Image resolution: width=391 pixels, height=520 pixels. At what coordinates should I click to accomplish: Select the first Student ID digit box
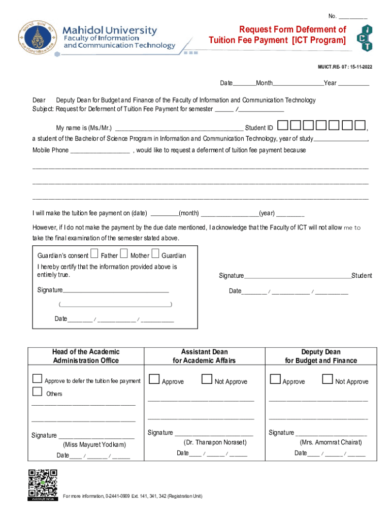coord(283,125)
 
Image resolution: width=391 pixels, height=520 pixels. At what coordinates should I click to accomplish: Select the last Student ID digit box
coord(360,125)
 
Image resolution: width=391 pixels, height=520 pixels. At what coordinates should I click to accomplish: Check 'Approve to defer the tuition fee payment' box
coord(37,379)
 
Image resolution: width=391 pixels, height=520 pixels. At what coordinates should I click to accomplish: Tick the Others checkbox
coord(37,392)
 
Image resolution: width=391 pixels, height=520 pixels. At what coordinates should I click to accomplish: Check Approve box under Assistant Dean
coord(154,379)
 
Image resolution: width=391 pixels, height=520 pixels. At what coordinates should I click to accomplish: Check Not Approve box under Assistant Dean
coord(207,379)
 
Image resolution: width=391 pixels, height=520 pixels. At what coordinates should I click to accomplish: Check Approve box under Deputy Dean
coord(275,379)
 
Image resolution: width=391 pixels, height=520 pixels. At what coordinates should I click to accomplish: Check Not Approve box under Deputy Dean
coord(328,379)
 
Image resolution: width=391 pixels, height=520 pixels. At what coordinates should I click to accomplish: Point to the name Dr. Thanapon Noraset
coord(216,442)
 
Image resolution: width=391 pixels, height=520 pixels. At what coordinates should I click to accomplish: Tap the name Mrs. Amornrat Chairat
coord(331,442)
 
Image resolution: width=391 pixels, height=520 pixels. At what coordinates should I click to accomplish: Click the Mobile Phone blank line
coord(100,150)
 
